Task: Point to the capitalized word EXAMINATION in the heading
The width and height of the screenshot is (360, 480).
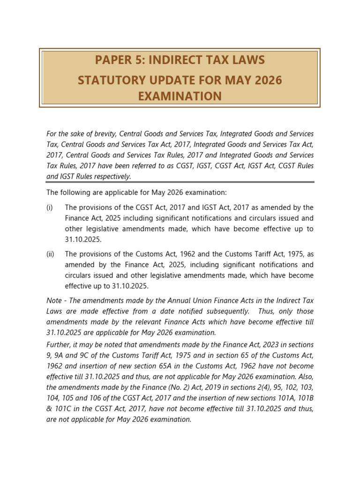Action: pyautogui.click(x=180, y=97)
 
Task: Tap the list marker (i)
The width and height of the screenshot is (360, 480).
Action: pyautogui.click(x=50, y=207)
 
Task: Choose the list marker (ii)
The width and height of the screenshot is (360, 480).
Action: pyautogui.click(x=51, y=254)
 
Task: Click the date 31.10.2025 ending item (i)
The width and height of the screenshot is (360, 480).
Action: pyautogui.click(x=83, y=240)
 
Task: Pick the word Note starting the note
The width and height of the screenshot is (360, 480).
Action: pyautogui.click(x=54, y=300)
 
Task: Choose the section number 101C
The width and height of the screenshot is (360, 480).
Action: pyautogui.click(x=64, y=409)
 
